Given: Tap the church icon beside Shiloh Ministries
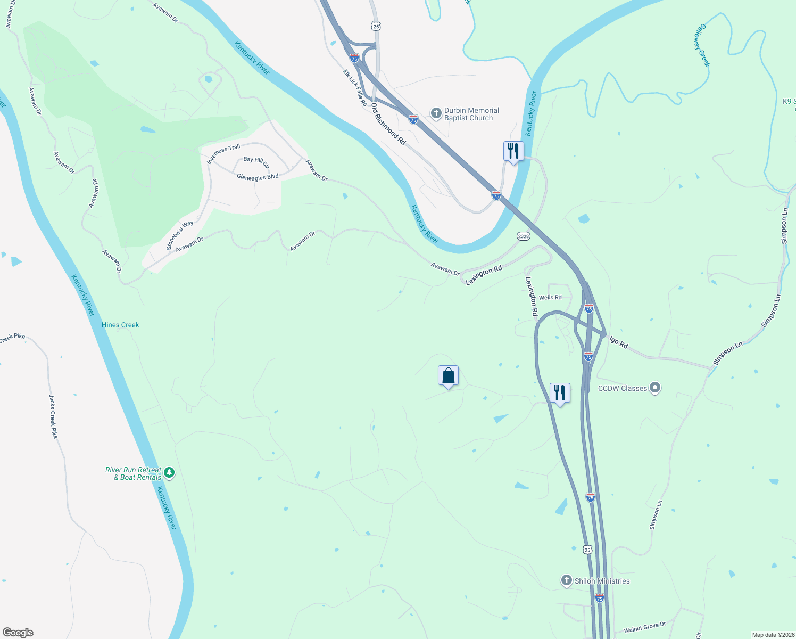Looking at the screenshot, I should (567, 580).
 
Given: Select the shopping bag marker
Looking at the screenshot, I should (448, 376).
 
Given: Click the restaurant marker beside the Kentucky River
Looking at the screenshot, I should (513, 151).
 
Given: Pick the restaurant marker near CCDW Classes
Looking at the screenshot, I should (559, 394).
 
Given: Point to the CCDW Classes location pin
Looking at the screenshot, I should (655, 388).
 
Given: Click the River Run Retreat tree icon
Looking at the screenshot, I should (169, 472).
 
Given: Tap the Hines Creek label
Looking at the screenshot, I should (120, 325).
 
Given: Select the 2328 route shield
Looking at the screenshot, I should (523, 236).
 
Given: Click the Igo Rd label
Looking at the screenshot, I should (619, 342).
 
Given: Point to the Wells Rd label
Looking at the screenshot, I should (550, 298).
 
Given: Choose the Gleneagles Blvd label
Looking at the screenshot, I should (258, 177).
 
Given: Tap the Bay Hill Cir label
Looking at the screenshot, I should (256, 161).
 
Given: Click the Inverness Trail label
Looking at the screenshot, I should (223, 153).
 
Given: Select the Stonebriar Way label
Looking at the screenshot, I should (179, 235).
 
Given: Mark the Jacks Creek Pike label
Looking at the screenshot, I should (53, 416).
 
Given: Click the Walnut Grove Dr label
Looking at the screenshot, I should (644, 627).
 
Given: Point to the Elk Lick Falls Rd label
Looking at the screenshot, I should (354, 87).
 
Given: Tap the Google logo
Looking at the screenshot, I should (18, 632).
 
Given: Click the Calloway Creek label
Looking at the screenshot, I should (702, 45).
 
